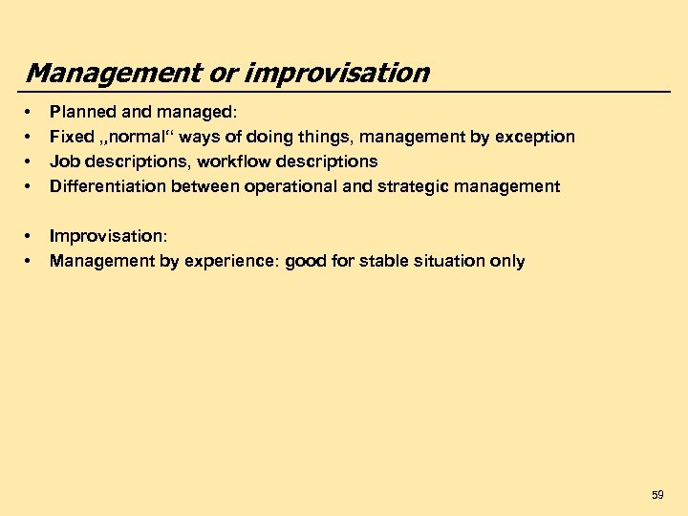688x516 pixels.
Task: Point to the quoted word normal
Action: coord(140,137)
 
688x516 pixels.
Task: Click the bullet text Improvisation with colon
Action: coord(108,236)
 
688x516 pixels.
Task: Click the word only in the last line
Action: coord(506,261)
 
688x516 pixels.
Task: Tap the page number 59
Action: coord(657,495)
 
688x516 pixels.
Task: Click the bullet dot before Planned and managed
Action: coord(31,112)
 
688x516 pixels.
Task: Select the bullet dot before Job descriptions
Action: coord(31,161)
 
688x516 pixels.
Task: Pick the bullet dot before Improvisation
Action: coord(31,236)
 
